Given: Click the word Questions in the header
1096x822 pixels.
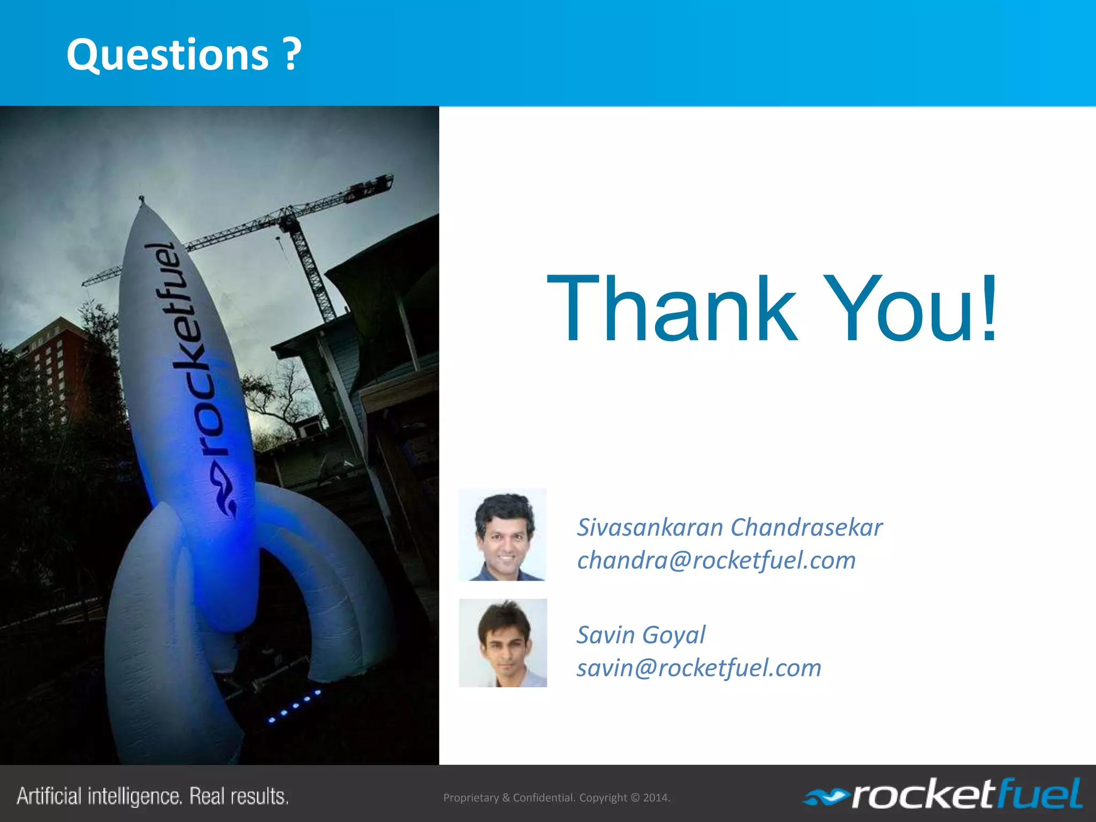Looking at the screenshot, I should point(168,55).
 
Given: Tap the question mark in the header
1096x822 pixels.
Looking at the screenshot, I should point(292,55).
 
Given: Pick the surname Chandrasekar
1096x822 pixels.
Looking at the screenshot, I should point(806,527).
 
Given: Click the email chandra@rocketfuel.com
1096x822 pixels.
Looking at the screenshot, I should point(716,560).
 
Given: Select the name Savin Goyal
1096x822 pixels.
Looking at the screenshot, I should point(641,635).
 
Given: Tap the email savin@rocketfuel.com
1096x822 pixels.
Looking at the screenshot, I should point(698,668).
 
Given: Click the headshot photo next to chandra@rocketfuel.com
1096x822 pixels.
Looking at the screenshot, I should point(502,534).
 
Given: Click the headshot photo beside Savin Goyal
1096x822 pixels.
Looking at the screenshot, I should point(503,643).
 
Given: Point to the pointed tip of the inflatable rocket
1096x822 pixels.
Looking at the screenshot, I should point(141,200).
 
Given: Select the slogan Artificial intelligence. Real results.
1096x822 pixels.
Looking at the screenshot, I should point(153,796).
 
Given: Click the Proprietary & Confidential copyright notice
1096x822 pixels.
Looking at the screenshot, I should point(557,797).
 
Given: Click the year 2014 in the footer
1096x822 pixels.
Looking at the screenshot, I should point(656,797).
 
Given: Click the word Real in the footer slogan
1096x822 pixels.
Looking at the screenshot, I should point(208,796).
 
